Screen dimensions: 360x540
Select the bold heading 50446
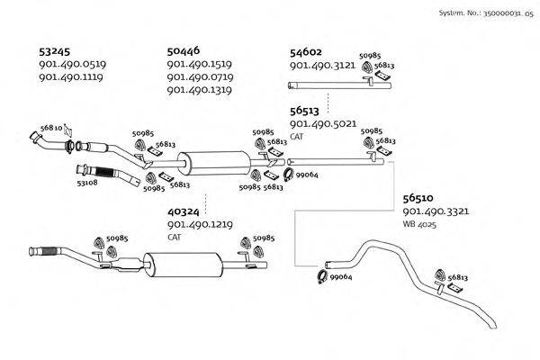tap(184, 51)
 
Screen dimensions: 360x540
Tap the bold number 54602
tap(306, 52)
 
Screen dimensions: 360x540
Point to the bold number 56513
tap(306, 111)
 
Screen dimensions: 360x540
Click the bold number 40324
tap(184, 211)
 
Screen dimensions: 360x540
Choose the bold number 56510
tap(418, 197)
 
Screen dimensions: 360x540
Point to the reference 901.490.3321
tap(436, 211)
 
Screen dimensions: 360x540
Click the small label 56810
tap(51, 128)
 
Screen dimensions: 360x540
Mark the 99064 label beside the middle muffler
tap(308, 175)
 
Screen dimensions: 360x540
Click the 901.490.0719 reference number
tap(200, 77)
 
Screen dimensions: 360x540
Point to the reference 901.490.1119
tap(71, 77)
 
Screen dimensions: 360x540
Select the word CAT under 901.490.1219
tap(175, 237)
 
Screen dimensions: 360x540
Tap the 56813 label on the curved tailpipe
tap(457, 278)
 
